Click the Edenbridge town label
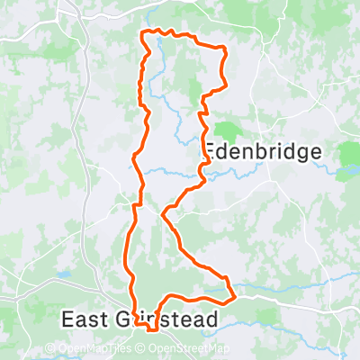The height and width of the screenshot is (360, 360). coord(262,151)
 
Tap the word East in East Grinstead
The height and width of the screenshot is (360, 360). coord(85,319)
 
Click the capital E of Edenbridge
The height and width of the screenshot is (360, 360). coord(211,151)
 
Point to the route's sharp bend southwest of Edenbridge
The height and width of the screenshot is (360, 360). coord(162,214)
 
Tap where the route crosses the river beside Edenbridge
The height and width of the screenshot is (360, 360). coord(204,169)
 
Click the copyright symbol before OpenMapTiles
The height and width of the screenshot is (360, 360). coord(50,349)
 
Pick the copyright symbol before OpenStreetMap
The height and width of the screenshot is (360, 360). coord(142,349)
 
